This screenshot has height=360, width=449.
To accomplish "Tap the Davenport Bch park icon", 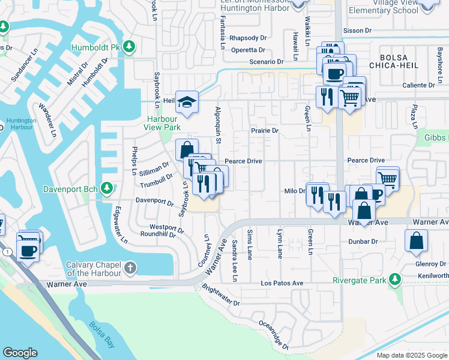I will (x=107, y=189).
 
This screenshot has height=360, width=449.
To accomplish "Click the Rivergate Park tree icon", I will (x=394, y=278).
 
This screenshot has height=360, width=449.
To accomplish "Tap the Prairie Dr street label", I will (x=265, y=130).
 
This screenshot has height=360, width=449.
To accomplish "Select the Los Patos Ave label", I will (x=282, y=283).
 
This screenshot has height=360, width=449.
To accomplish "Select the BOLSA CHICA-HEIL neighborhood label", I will (x=390, y=61).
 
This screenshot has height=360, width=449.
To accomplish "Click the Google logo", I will (x=20, y=353).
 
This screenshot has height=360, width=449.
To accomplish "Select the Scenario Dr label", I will (x=267, y=62).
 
